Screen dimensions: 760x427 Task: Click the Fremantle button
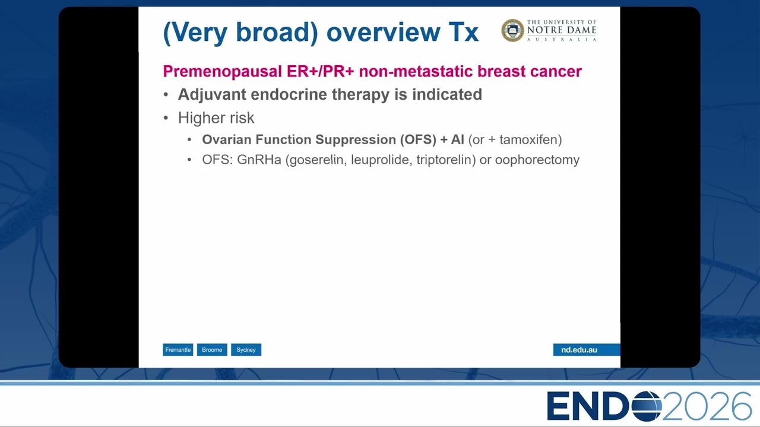pyautogui.click(x=178, y=350)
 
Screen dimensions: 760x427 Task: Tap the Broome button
pyautogui.click(x=212, y=350)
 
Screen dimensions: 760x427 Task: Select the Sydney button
pyautogui.click(x=246, y=350)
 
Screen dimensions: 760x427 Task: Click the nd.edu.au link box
pyautogui.click(x=586, y=350)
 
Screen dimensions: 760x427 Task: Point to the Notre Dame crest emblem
pyautogui.click(x=512, y=30)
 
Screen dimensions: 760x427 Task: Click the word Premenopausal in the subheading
pyautogui.click(x=222, y=72)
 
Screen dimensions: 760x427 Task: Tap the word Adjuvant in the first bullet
pyautogui.click(x=212, y=95)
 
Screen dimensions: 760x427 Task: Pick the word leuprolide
pyautogui.click(x=382, y=160)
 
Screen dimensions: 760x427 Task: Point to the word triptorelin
pyautogui.click(x=444, y=160)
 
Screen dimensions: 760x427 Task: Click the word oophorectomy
pyautogui.click(x=537, y=160)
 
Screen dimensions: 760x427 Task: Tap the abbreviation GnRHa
pyautogui.click(x=259, y=160)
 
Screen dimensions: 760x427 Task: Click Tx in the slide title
pyautogui.click(x=464, y=32)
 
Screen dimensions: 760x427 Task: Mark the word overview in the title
pyautogui.click(x=384, y=32)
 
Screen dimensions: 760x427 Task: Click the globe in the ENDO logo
pyautogui.click(x=647, y=406)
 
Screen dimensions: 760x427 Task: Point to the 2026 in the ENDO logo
pyautogui.click(x=707, y=406)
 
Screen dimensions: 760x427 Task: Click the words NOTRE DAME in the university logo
pyautogui.click(x=562, y=30)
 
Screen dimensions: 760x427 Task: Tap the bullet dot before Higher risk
pyautogui.click(x=166, y=118)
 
